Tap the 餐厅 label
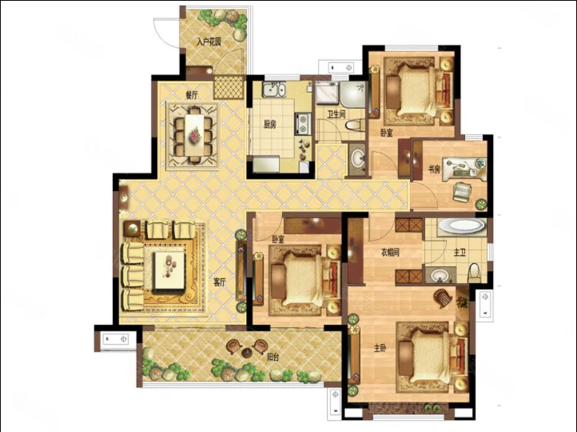[192, 95]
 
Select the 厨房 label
[270, 125]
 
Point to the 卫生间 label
[337, 114]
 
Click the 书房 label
[434, 170]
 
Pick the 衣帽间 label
[389, 253]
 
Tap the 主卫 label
[460, 253]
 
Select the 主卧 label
[380, 348]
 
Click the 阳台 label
[272, 356]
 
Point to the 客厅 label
[219, 282]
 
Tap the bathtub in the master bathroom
[461, 225]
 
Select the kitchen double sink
[274, 90]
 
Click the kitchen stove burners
[303, 124]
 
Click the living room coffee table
[169, 270]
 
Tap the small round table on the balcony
[247, 353]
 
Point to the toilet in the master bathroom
[474, 273]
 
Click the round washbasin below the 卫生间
[357, 160]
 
